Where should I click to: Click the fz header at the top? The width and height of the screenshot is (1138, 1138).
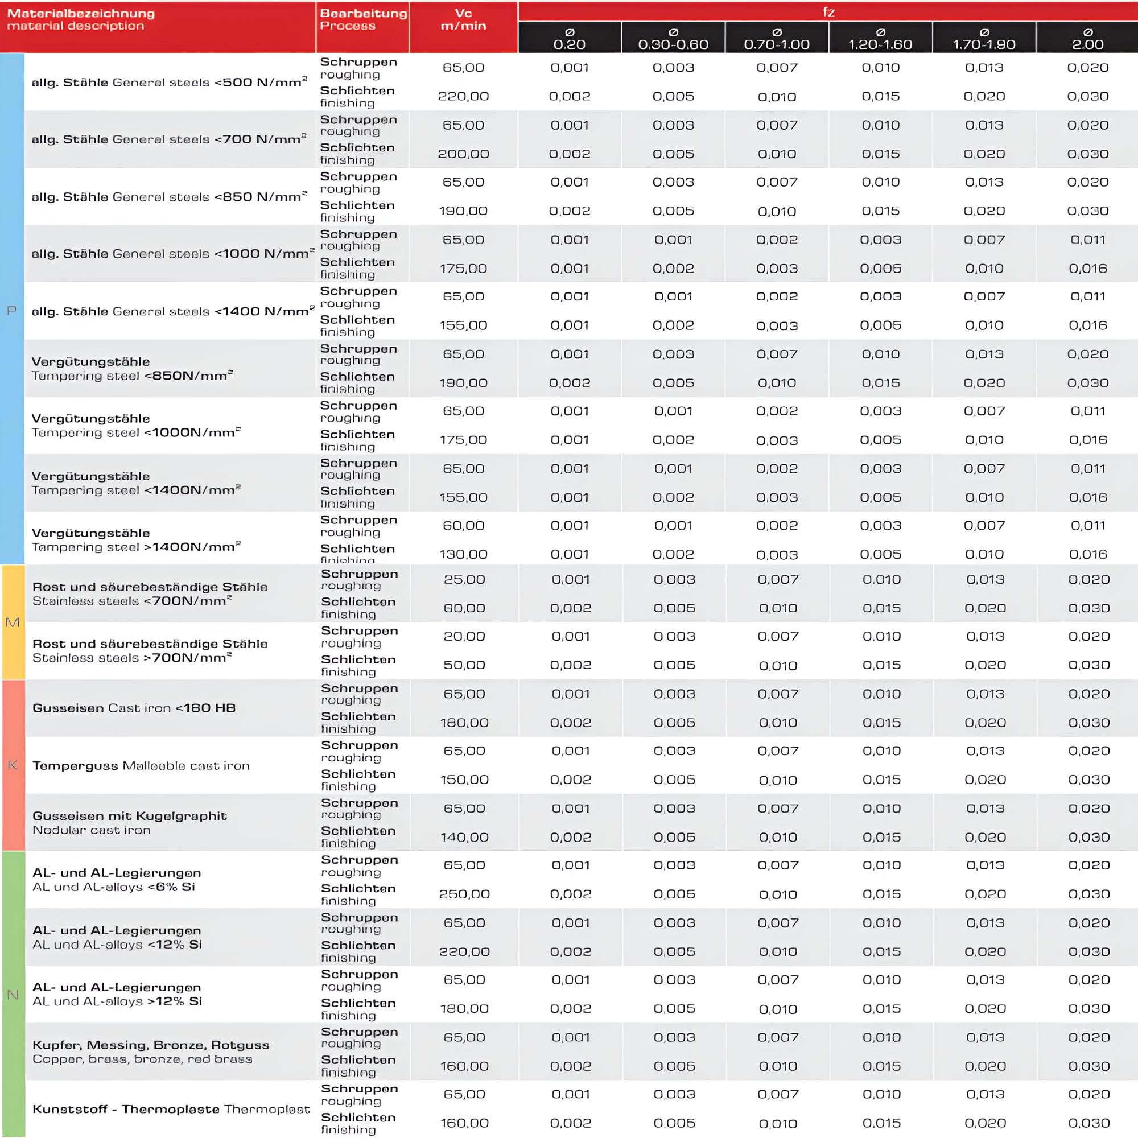click(x=828, y=12)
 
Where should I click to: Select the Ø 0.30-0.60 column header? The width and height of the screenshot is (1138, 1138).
click(x=673, y=38)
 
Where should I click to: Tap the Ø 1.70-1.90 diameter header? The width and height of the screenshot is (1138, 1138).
click(x=984, y=38)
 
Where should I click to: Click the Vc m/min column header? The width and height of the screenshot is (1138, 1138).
click(x=464, y=19)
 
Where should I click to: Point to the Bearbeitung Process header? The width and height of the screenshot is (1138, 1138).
click(x=363, y=19)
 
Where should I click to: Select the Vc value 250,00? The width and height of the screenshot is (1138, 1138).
click(x=464, y=894)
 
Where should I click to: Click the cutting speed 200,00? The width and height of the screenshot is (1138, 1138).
click(x=464, y=154)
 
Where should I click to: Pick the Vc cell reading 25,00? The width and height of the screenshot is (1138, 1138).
click(x=464, y=580)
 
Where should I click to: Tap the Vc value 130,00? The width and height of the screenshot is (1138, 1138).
click(x=464, y=554)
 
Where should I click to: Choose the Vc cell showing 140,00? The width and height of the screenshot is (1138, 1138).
click(x=464, y=837)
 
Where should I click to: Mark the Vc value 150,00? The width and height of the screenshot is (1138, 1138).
click(x=464, y=780)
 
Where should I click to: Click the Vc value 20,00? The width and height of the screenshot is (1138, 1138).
click(x=464, y=637)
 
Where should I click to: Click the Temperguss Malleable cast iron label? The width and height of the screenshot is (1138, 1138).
click(x=141, y=766)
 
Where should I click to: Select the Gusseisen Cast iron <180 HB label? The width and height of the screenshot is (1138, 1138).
click(x=134, y=708)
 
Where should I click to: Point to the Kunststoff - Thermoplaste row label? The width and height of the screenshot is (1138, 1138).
click(x=171, y=1110)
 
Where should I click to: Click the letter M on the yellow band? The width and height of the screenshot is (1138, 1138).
click(x=13, y=622)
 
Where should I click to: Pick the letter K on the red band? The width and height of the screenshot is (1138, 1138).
click(x=13, y=765)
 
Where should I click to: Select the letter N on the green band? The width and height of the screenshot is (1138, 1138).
click(x=13, y=995)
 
